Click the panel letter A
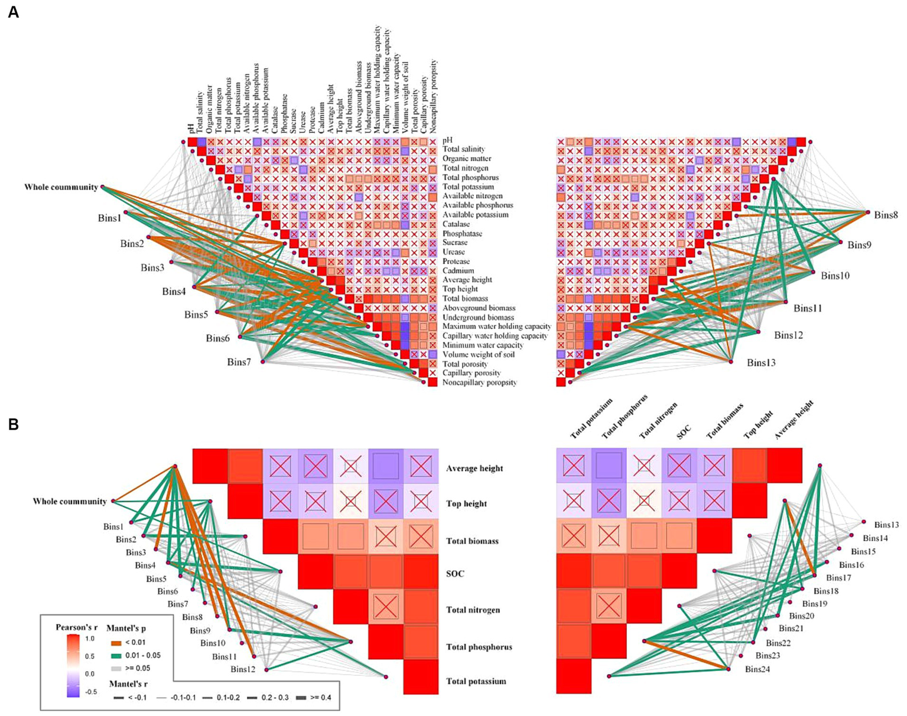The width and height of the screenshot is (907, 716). (x=13, y=12)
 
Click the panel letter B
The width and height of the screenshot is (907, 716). (x=13, y=424)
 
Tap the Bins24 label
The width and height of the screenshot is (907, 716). (x=758, y=669)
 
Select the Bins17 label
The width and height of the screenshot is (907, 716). (x=838, y=578)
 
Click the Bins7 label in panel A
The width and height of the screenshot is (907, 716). (x=239, y=362)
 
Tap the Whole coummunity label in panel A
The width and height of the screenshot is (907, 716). (x=61, y=188)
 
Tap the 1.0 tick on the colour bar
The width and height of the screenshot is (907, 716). (x=90, y=639)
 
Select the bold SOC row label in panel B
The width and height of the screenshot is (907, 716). (x=455, y=574)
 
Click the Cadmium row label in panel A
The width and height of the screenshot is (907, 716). (x=459, y=271)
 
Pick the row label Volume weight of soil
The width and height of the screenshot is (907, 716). (x=479, y=355)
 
